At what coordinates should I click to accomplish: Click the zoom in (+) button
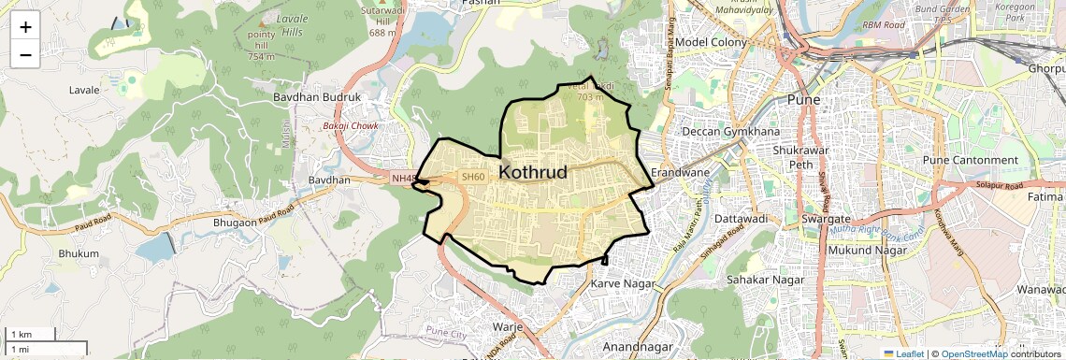point(25,26)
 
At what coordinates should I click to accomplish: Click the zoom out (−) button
point(25,54)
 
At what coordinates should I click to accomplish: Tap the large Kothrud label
point(534,173)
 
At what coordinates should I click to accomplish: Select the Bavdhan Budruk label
point(317,97)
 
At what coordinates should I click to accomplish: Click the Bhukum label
point(79,253)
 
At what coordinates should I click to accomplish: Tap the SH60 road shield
point(473,177)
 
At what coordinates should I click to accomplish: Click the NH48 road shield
point(403,178)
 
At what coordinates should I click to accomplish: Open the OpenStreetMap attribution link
point(973,353)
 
